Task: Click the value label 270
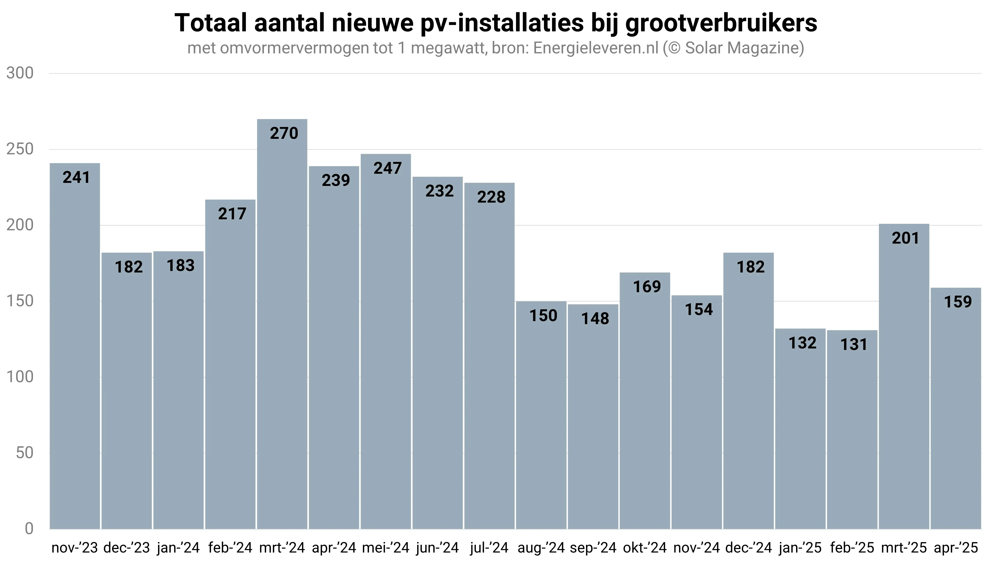coord(284,133)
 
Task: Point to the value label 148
coord(595,318)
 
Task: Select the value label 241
coord(76,177)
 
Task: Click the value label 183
coord(181,266)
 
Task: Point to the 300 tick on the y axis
coord(20,73)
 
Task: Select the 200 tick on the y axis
coord(20,225)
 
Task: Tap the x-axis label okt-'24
coord(645,547)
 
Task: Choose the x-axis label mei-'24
coord(386,547)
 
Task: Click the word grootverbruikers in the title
coord(721,23)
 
